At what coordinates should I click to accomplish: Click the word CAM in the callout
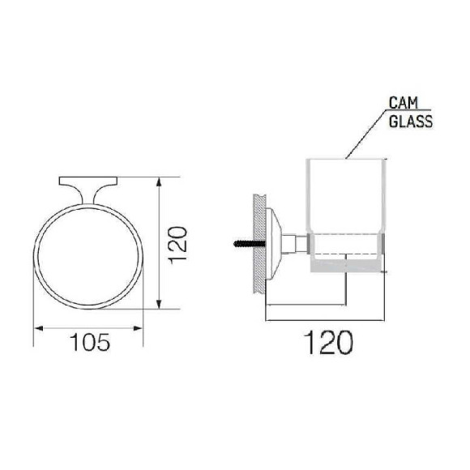pos(403,103)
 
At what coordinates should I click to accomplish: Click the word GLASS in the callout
pos(411,121)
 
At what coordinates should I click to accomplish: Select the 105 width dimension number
pos(90,342)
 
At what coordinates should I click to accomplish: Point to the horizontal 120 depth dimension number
pos(328,342)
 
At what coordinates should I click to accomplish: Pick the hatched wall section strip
pos(259,243)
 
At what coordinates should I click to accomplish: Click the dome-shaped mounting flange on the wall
pos(274,243)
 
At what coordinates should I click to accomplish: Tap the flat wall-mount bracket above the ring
pos(88,182)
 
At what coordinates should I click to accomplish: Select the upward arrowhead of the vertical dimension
pos(159,182)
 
